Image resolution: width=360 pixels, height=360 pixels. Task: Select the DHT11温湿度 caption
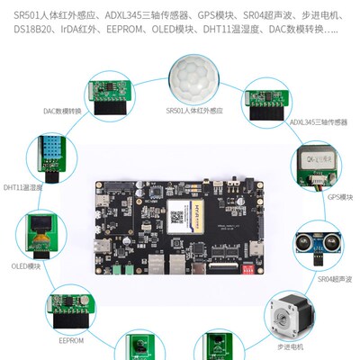24,187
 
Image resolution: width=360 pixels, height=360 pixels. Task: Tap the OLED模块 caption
24,266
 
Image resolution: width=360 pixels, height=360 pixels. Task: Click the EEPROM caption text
70,341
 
